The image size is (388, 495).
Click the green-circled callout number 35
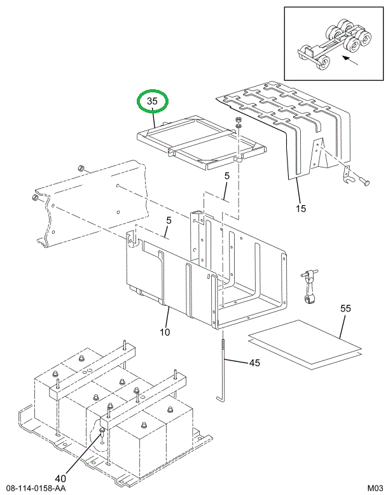coord(153,101)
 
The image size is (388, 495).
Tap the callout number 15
coord(300,207)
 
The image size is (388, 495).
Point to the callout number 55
coord(345,308)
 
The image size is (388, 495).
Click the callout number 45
coord(254,363)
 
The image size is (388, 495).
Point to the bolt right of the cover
coord(364,182)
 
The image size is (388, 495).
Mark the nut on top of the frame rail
coord(82,168)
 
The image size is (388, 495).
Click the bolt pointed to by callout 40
coord(102,434)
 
